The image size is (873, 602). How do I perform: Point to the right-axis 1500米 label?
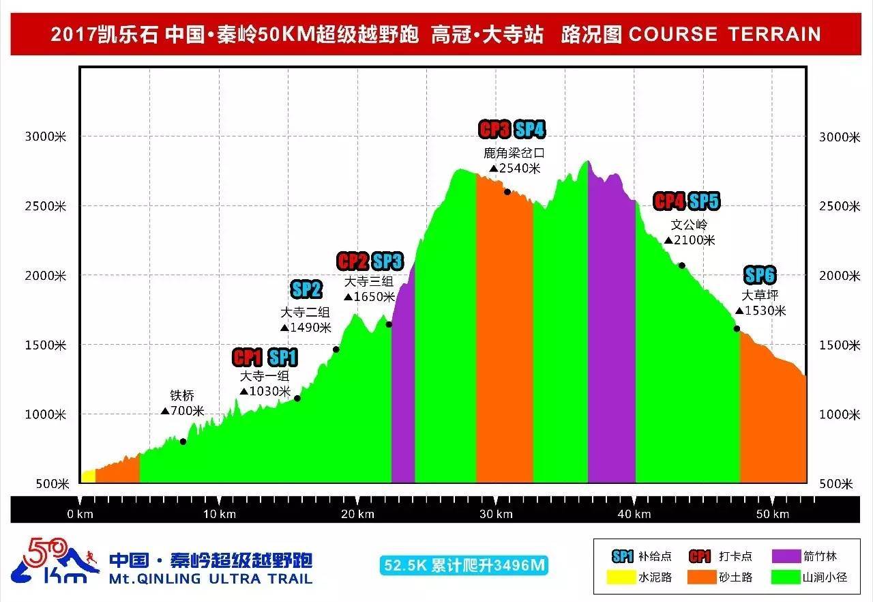(x=839, y=345)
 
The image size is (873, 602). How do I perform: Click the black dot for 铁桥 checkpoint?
(x=183, y=442)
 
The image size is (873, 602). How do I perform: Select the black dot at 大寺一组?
(x=297, y=399)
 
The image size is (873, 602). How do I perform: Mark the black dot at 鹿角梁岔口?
(x=507, y=192)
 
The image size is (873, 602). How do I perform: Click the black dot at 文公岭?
(x=681, y=266)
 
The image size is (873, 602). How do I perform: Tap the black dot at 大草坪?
(x=737, y=329)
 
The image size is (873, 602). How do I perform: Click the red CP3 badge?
(x=494, y=129)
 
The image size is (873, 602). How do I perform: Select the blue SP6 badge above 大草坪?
(x=760, y=276)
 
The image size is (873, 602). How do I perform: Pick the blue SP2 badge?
(x=306, y=289)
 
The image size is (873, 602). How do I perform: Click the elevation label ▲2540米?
(x=515, y=168)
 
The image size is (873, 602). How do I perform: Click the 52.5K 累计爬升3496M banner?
(x=464, y=565)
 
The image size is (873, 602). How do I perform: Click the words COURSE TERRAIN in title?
(x=724, y=34)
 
